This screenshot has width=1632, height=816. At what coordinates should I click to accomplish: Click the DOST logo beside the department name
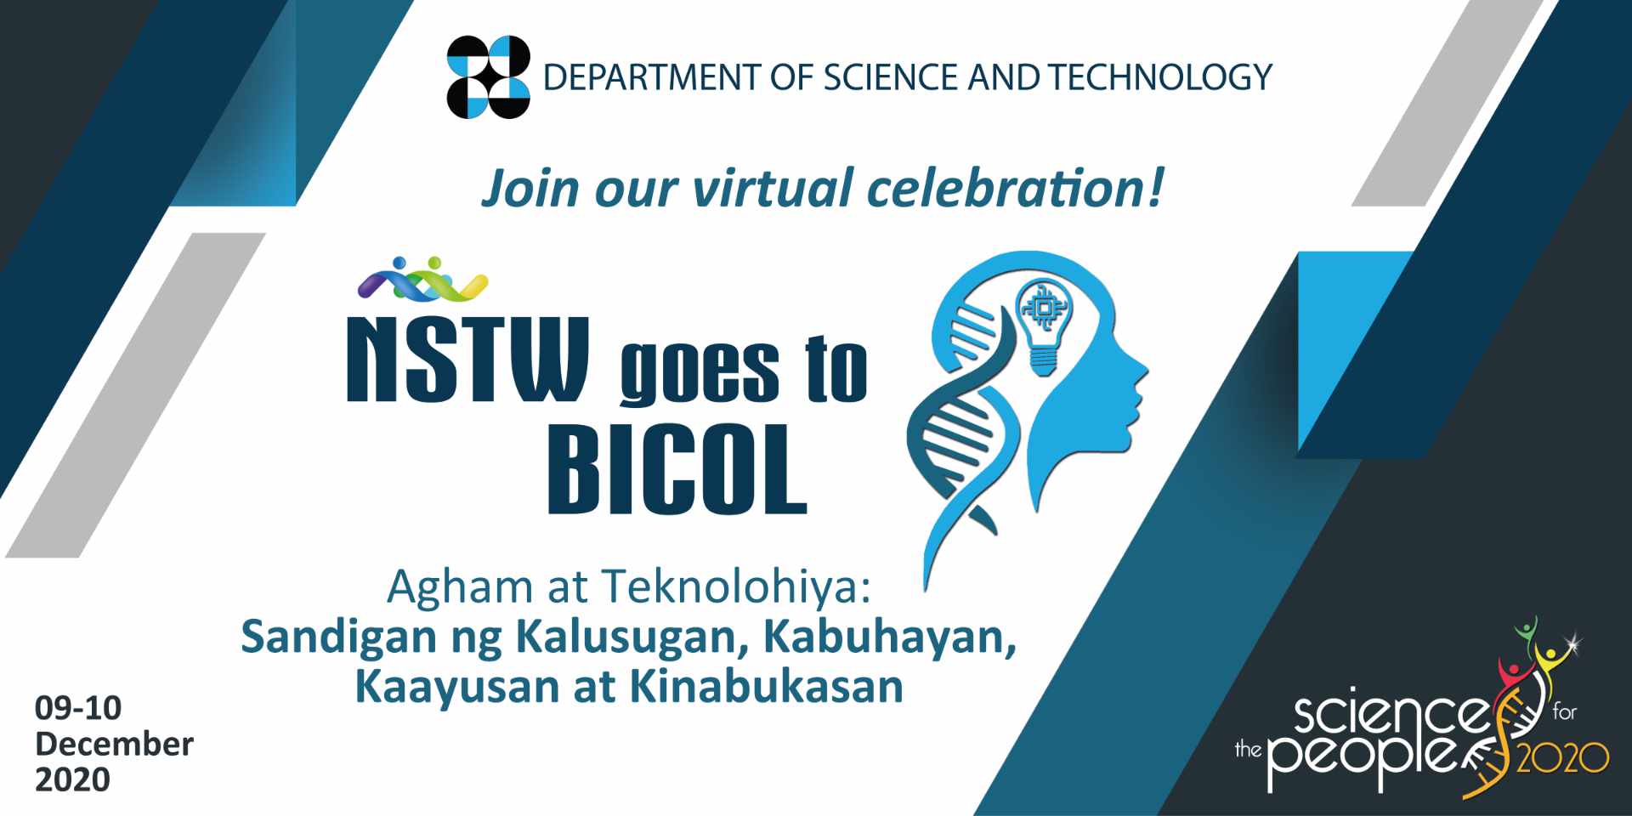click(x=488, y=76)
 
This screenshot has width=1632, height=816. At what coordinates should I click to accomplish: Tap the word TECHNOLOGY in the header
click(x=1159, y=77)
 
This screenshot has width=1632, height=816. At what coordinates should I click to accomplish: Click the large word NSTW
click(x=467, y=360)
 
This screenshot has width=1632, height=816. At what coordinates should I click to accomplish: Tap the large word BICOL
click(x=676, y=470)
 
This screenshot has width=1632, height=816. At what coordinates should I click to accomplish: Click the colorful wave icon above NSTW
click(x=422, y=280)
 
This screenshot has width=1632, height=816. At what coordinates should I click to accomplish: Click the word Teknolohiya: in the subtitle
click(x=736, y=586)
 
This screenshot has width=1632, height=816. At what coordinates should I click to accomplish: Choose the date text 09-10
click(x=78, y=707)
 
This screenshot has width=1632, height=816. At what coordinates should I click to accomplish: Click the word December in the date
click(x=114, y=744)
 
